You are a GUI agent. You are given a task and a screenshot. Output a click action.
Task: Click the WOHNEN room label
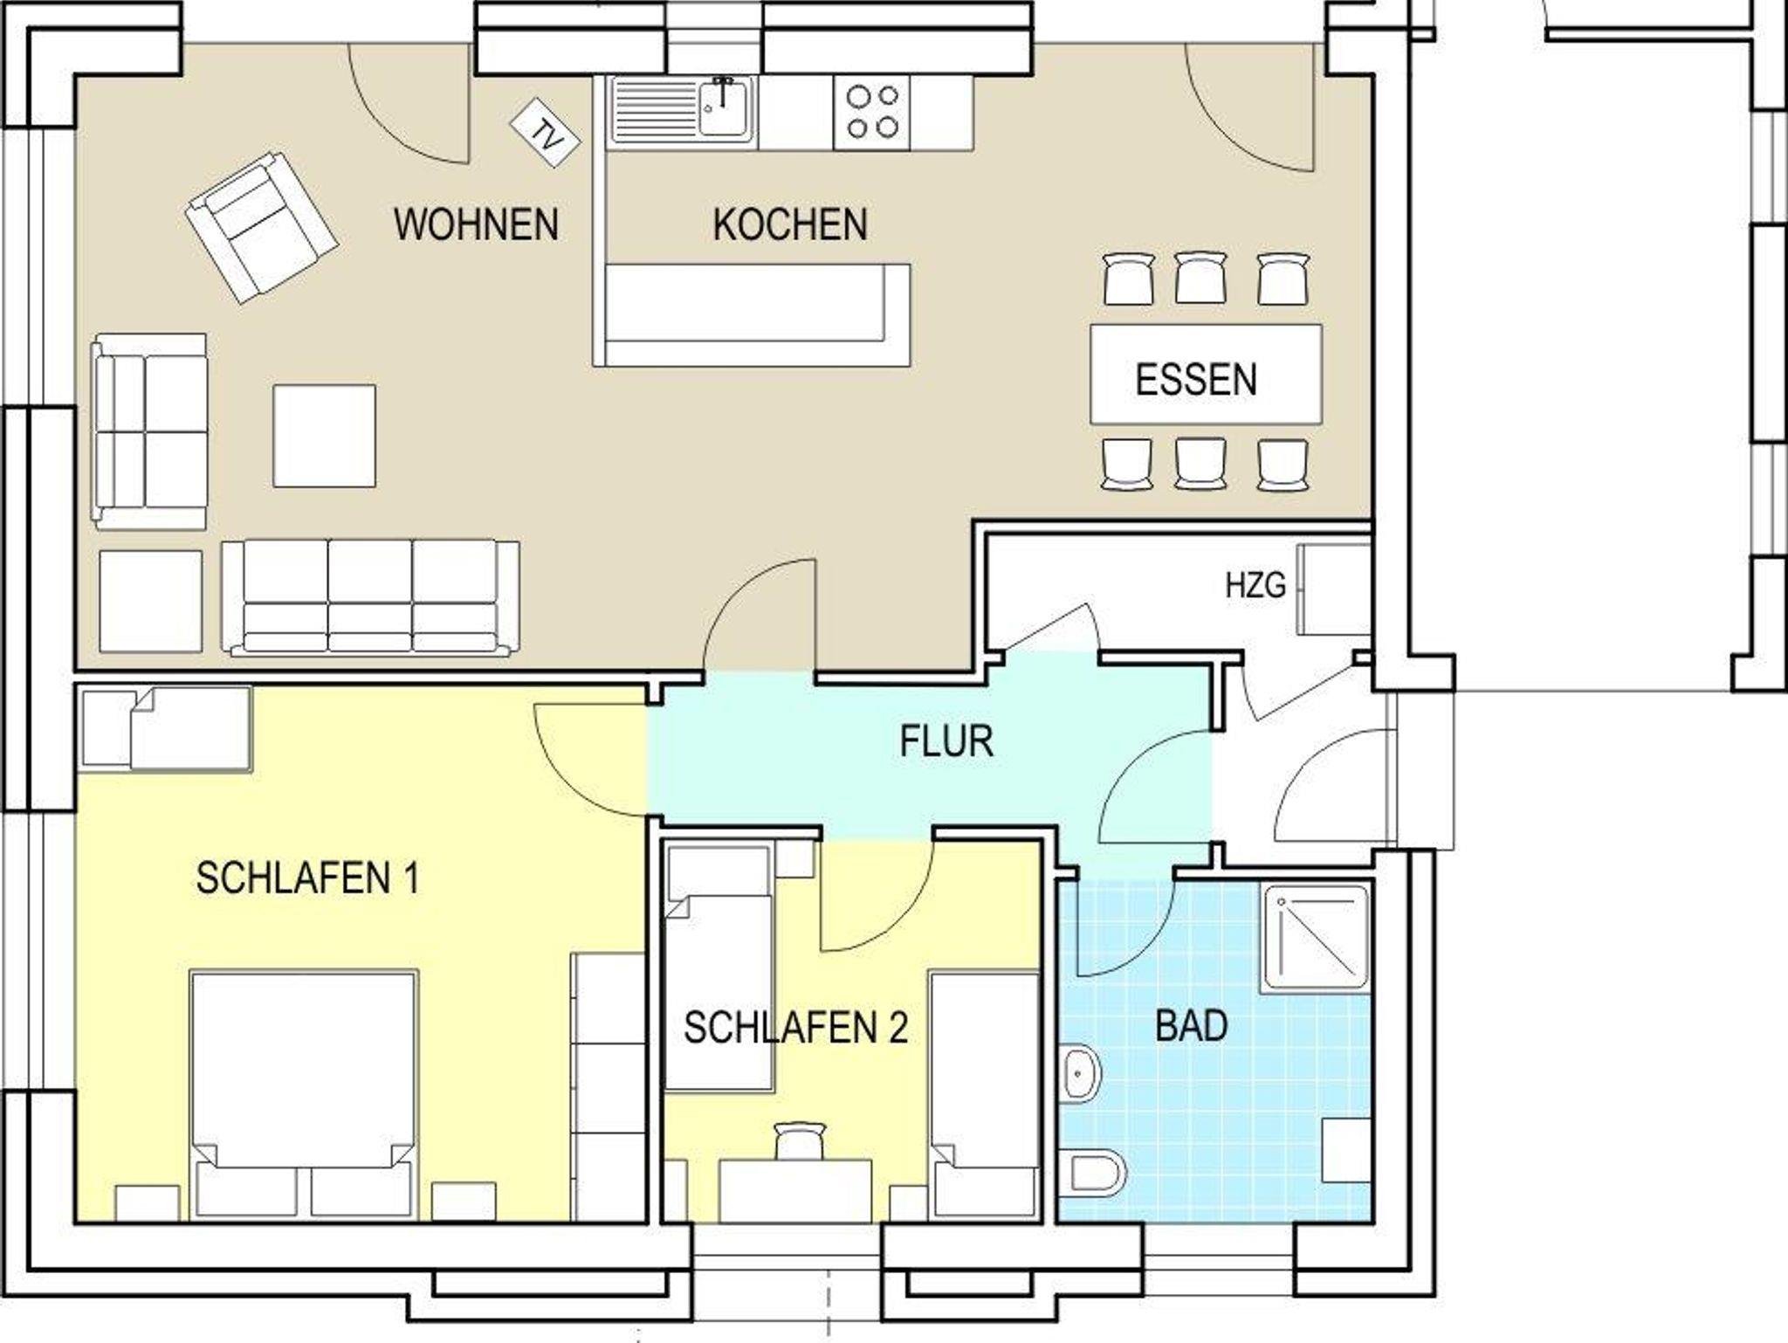(476, 224)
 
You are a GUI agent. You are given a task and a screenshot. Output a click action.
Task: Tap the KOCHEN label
(790, 224)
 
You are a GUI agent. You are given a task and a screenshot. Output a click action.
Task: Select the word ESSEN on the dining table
(1196, 380)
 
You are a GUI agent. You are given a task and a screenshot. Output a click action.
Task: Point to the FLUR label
(946, 741)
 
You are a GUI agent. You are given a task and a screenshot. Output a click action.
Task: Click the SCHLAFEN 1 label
(307, 878)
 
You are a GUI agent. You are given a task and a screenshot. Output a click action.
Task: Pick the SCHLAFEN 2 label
(795, 1027)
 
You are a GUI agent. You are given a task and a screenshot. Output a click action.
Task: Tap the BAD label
(1192, 1025)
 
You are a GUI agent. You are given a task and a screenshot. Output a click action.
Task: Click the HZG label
(1255, 585)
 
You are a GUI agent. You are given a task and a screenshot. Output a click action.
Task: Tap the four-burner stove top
(872, 111)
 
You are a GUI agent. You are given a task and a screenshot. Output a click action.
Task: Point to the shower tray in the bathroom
(1317, 939)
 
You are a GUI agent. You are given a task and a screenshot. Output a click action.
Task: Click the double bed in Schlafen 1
(302, 1092)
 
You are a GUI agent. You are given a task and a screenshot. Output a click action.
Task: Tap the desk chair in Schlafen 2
(801, 1140)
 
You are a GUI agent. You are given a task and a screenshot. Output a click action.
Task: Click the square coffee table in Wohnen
(325, 436)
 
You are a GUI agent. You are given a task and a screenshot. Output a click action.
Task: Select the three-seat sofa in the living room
(370, 597)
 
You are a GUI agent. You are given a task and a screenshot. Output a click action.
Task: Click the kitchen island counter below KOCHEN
(753, 315)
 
